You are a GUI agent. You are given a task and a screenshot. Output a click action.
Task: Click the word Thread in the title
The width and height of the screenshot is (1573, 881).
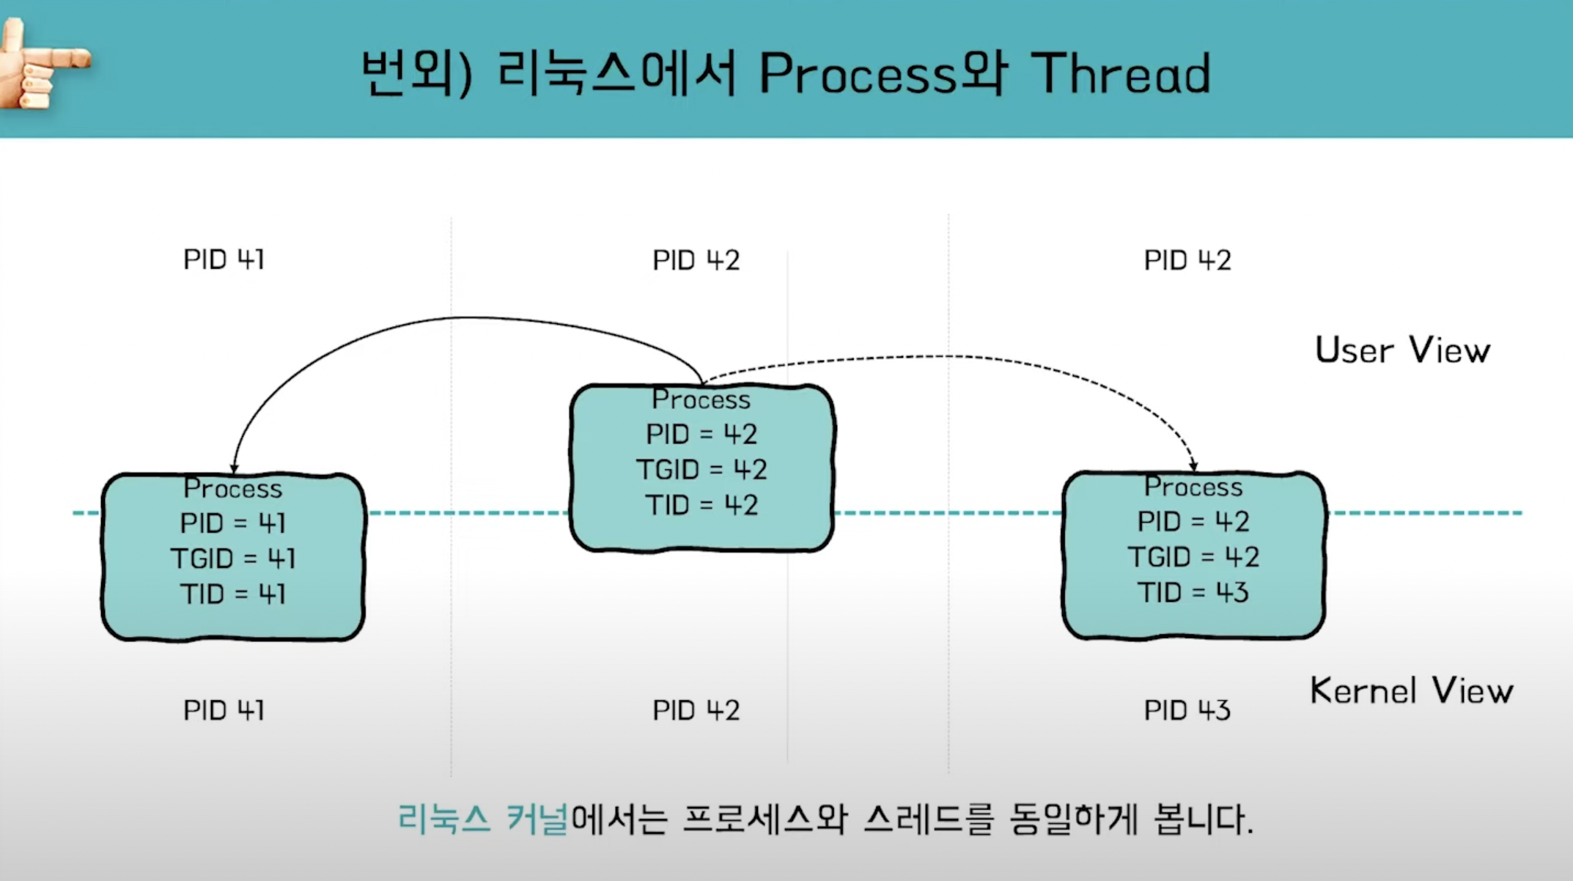(1121, 74)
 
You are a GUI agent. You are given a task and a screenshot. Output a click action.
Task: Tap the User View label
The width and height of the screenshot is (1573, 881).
(1401, 350)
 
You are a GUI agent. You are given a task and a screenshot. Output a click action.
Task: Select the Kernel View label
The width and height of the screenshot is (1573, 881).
(1411, 690)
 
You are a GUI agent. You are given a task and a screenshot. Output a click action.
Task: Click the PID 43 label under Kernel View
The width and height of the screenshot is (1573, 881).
(1187, 710)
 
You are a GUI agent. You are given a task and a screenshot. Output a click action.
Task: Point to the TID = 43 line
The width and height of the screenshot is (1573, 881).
(1193, 592)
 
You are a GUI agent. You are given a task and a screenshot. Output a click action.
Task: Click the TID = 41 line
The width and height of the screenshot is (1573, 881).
(233, 594)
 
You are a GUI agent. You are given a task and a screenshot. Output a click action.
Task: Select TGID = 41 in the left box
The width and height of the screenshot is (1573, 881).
(233, 559)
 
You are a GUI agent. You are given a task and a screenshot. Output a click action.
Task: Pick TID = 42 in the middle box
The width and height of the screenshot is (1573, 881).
(701, 505)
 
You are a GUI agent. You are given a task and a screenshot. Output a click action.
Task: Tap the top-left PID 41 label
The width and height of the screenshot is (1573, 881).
(224, 259)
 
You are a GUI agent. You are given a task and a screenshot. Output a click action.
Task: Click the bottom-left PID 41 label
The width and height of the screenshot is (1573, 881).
(224, 710)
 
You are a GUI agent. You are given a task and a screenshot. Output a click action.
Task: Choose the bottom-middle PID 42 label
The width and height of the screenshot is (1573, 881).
(696, 710)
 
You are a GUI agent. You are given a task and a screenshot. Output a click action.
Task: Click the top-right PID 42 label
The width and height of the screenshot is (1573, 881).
(1187, 260)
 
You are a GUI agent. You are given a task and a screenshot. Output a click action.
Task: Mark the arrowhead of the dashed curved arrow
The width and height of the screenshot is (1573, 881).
(1193, 465)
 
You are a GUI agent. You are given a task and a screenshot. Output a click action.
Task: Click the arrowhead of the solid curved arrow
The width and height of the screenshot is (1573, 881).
(234, 468)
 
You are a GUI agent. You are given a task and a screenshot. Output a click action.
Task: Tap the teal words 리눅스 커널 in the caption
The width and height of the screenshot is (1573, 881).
(482, 819)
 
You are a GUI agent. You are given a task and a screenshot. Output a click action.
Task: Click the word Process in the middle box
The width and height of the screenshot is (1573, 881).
(701, 399)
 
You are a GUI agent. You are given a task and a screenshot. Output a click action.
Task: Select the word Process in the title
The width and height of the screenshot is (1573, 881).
(858, 74)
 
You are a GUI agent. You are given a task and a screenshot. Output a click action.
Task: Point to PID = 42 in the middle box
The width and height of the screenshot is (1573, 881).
(701, 434)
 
